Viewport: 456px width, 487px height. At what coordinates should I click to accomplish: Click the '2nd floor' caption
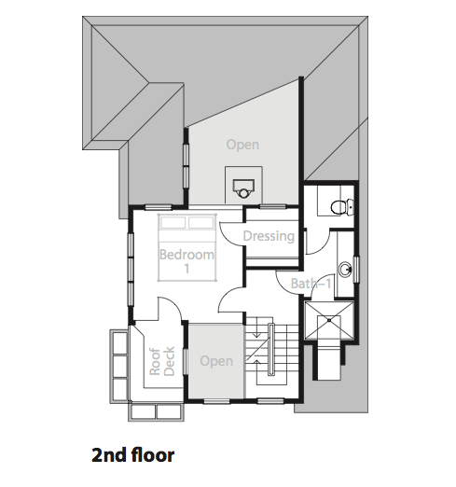pyautogui.click(x=132, y=455)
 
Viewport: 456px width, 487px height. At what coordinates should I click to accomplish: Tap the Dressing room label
pyautogui.click(x=269, y=236)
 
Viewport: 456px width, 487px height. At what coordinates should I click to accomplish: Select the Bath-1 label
pyautogui.click(x=311, y=284)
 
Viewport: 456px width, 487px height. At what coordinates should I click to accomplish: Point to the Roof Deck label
pyautogui.click(x=162, y=361)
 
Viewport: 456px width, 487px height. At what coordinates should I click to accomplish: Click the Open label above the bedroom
pyautogui.click(x=242, y=145)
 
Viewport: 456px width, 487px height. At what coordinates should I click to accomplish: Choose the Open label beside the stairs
pyautogui.click(x=216, y=361)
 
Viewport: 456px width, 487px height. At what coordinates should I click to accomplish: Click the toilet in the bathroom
pyautogui.click(x=341, y=206)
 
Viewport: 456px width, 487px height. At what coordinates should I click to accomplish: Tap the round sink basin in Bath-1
pyautogui.click(x=345, y=269)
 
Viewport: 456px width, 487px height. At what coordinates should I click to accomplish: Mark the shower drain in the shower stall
pyautogui.click(x=329, y=320)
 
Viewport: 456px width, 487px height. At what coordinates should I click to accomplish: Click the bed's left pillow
pyautogui.click(x=173, y=223)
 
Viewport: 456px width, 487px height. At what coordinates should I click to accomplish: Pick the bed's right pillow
pyautogui.click(x=200, y=223)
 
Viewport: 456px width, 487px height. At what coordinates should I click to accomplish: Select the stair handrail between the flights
pyautogui.click(x=270, y=349)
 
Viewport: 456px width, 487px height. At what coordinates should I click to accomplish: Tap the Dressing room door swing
pyautogui.click(x=230, y=235)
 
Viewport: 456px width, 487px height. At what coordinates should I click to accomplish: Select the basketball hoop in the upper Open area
pyautogui.click(x=243, y=188)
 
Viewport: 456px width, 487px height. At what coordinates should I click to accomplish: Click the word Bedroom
pyautogui.click(x=187, y=255)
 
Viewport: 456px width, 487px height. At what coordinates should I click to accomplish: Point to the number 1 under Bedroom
pyautogui.click(x=187, y=269)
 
